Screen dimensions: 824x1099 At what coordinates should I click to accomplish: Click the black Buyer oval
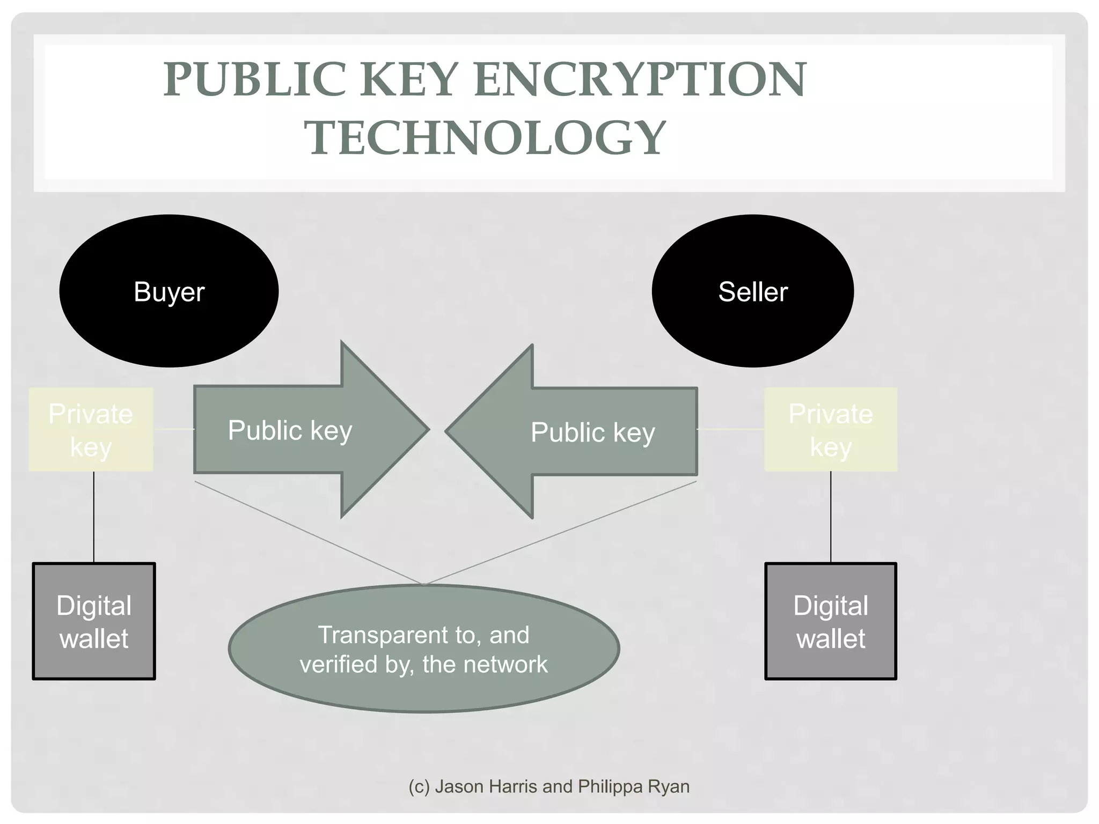pyautogui.click(x=169, y=291)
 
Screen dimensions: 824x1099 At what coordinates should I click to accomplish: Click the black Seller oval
pyautogui.click(x=752, y=291)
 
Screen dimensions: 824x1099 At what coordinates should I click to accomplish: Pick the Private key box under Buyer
pyautogui.click(x=91, y=430)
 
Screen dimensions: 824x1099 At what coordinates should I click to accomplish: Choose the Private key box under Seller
pyautogui.click(x=830, y=430)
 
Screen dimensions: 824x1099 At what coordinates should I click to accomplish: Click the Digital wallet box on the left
pyautogui.click(x=94, y=621)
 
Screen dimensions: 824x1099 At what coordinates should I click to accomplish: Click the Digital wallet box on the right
pyautogui.click(x=830, y=621)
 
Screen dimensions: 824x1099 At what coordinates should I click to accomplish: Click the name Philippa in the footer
pyautogui.click(x=611, y=786)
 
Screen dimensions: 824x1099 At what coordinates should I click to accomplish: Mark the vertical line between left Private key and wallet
pyautogui.click(x=94, y=517)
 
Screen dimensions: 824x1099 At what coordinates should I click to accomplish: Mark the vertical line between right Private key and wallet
pyautogui.click(x=831, y=517)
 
